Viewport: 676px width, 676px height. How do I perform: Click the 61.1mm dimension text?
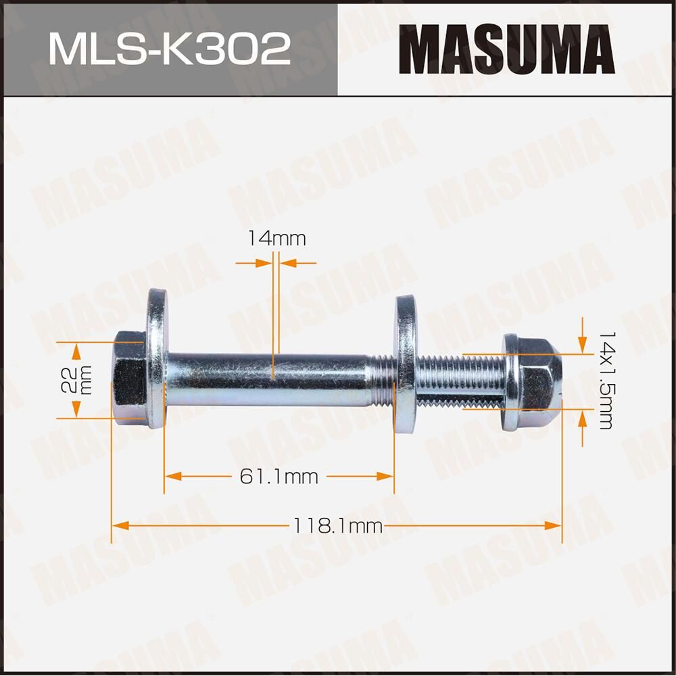(x=279, y=477)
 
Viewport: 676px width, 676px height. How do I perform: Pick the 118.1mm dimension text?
(x=337, y=525)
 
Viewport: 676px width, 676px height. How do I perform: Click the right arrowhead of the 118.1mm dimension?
(x=554, y=525)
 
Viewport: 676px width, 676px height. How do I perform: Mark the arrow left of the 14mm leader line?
(x=264, y=262)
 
